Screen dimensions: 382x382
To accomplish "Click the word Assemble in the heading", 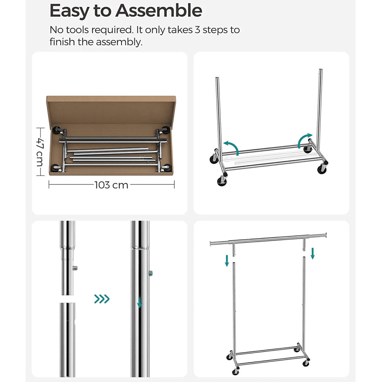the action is (159, 10).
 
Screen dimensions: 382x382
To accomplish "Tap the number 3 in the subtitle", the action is (197, 30).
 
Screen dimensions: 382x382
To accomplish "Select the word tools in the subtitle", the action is (77, 30).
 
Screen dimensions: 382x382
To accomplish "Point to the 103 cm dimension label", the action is (111, 185).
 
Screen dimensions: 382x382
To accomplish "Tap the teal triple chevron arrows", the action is (102, 299).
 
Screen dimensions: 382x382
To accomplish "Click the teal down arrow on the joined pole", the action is (140, 302).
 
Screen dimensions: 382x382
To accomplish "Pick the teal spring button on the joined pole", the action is (151, 273).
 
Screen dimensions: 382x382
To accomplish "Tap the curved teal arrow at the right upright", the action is (304, 140).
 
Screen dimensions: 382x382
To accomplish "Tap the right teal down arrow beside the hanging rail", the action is (313, 253).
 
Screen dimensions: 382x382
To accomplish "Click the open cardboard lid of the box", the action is (111, 110).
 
